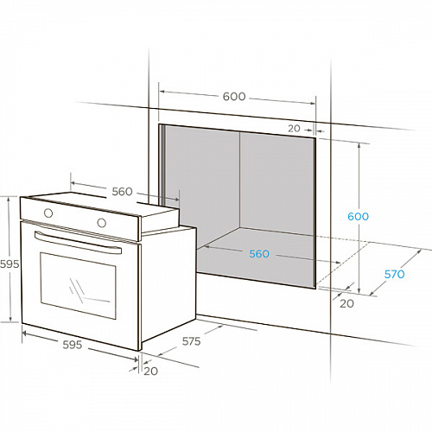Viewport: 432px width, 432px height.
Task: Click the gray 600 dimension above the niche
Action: coord(234,96)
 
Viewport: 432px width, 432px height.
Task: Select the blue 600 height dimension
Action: coord(358,216)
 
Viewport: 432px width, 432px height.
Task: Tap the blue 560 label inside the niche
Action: coord(259,254)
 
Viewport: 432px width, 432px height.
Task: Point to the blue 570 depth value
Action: coord(394,274)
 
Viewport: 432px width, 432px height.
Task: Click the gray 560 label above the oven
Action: coord(122,192)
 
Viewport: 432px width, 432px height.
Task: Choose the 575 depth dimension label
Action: coord(191,341)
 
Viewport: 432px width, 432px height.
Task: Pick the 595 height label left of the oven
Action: coord(10,264)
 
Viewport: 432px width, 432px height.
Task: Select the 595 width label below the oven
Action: coord(73,345)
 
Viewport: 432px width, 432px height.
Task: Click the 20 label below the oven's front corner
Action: coord(150,372)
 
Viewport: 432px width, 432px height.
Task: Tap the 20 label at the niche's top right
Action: coord(294,129)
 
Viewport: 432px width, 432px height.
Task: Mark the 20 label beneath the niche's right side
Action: coord(346,303)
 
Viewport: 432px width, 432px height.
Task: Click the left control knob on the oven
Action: coord(48,213)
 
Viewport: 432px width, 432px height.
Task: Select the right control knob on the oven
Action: coord(101,223)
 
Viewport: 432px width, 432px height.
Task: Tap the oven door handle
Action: coord(78,243)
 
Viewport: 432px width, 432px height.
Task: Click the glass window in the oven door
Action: coord(79,286)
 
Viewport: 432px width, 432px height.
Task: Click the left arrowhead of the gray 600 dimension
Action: coord(162,92)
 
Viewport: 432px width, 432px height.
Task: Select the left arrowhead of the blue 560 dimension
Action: coord(206,246)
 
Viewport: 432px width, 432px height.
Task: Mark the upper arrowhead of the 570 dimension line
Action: coord(419,252)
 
